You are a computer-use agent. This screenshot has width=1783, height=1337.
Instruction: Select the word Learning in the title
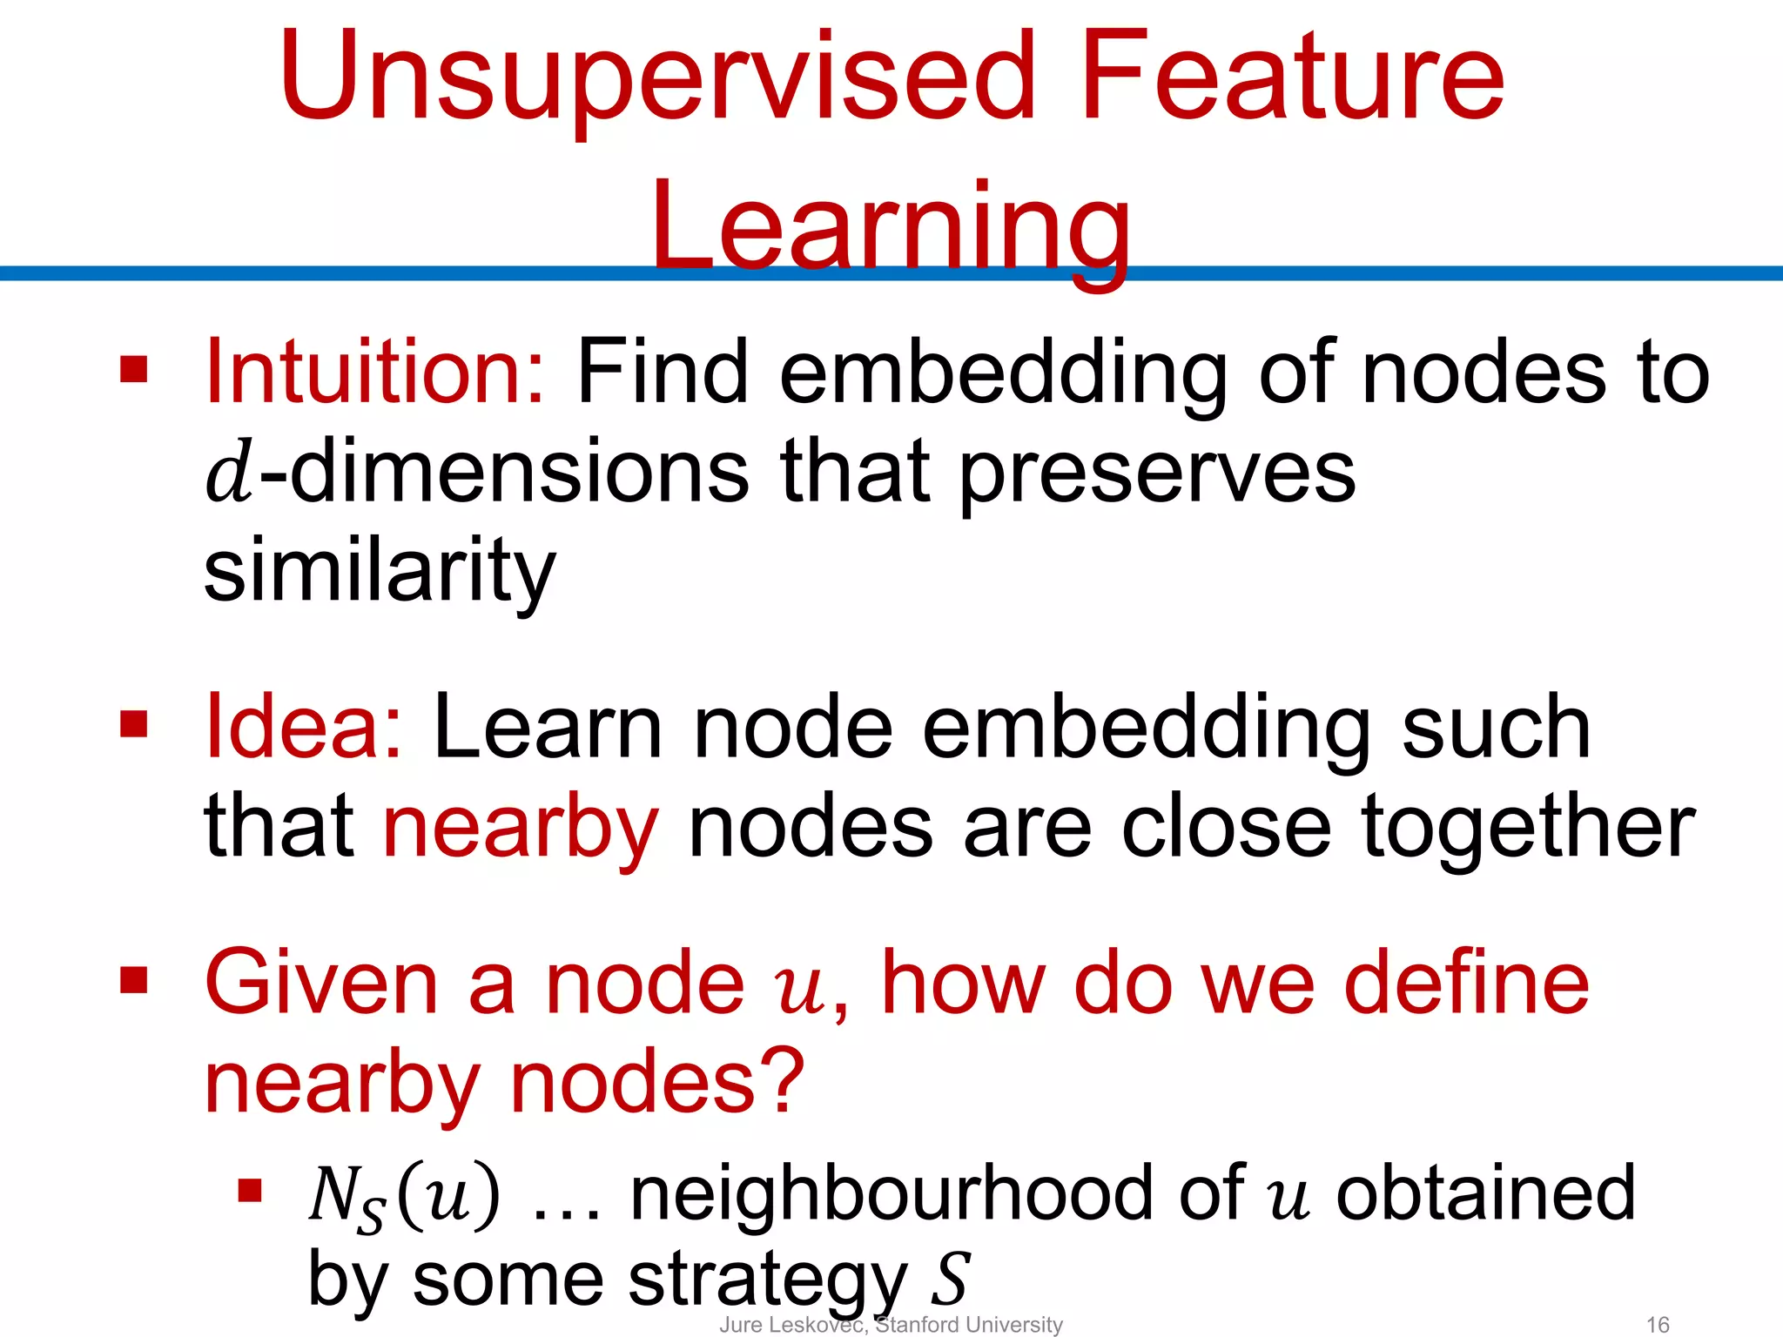point(890,228)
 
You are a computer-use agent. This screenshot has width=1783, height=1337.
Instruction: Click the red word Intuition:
point(375,373)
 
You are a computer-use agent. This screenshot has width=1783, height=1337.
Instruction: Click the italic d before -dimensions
point(229,474)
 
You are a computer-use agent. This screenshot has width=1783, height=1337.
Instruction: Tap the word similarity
point(380,573)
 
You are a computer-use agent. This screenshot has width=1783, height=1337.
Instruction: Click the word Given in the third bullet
point(320,984)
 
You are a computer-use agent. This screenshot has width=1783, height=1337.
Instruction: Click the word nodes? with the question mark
point(657,1083)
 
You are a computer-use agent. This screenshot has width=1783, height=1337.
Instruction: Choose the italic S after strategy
point(949,1279)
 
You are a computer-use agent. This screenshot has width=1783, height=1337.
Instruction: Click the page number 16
point(1658,1325)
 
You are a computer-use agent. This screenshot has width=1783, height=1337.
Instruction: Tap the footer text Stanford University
point(968,1325)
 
